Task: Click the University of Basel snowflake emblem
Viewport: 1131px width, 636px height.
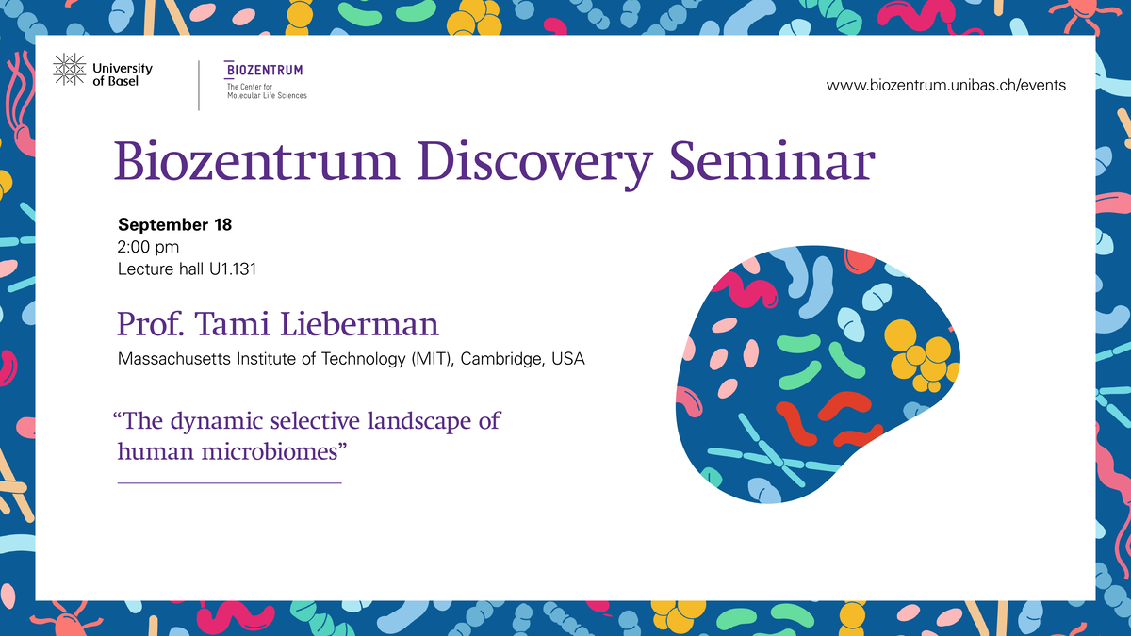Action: (70, 70)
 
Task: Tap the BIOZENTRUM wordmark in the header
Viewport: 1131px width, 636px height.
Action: (264, 70)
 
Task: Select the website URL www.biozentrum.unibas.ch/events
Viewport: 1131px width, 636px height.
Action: (946, 86)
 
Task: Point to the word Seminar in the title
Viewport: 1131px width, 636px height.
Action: (773, 160)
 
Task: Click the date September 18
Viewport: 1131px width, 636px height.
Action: (174, 224)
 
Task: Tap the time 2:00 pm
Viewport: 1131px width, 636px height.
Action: (148, 247)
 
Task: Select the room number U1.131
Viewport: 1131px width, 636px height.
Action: (233, 269)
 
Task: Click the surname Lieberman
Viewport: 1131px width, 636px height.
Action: (359, 323)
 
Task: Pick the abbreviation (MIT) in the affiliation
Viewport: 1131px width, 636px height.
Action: (433, 359)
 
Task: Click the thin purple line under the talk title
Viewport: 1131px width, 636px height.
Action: (230, 483)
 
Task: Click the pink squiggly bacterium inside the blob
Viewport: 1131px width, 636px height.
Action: (746, 291)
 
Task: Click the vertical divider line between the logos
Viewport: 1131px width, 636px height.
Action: (199, 86)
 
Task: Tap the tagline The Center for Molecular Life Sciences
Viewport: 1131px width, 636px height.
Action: (267, 90)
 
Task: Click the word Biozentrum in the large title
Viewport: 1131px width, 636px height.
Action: (257, 160)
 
